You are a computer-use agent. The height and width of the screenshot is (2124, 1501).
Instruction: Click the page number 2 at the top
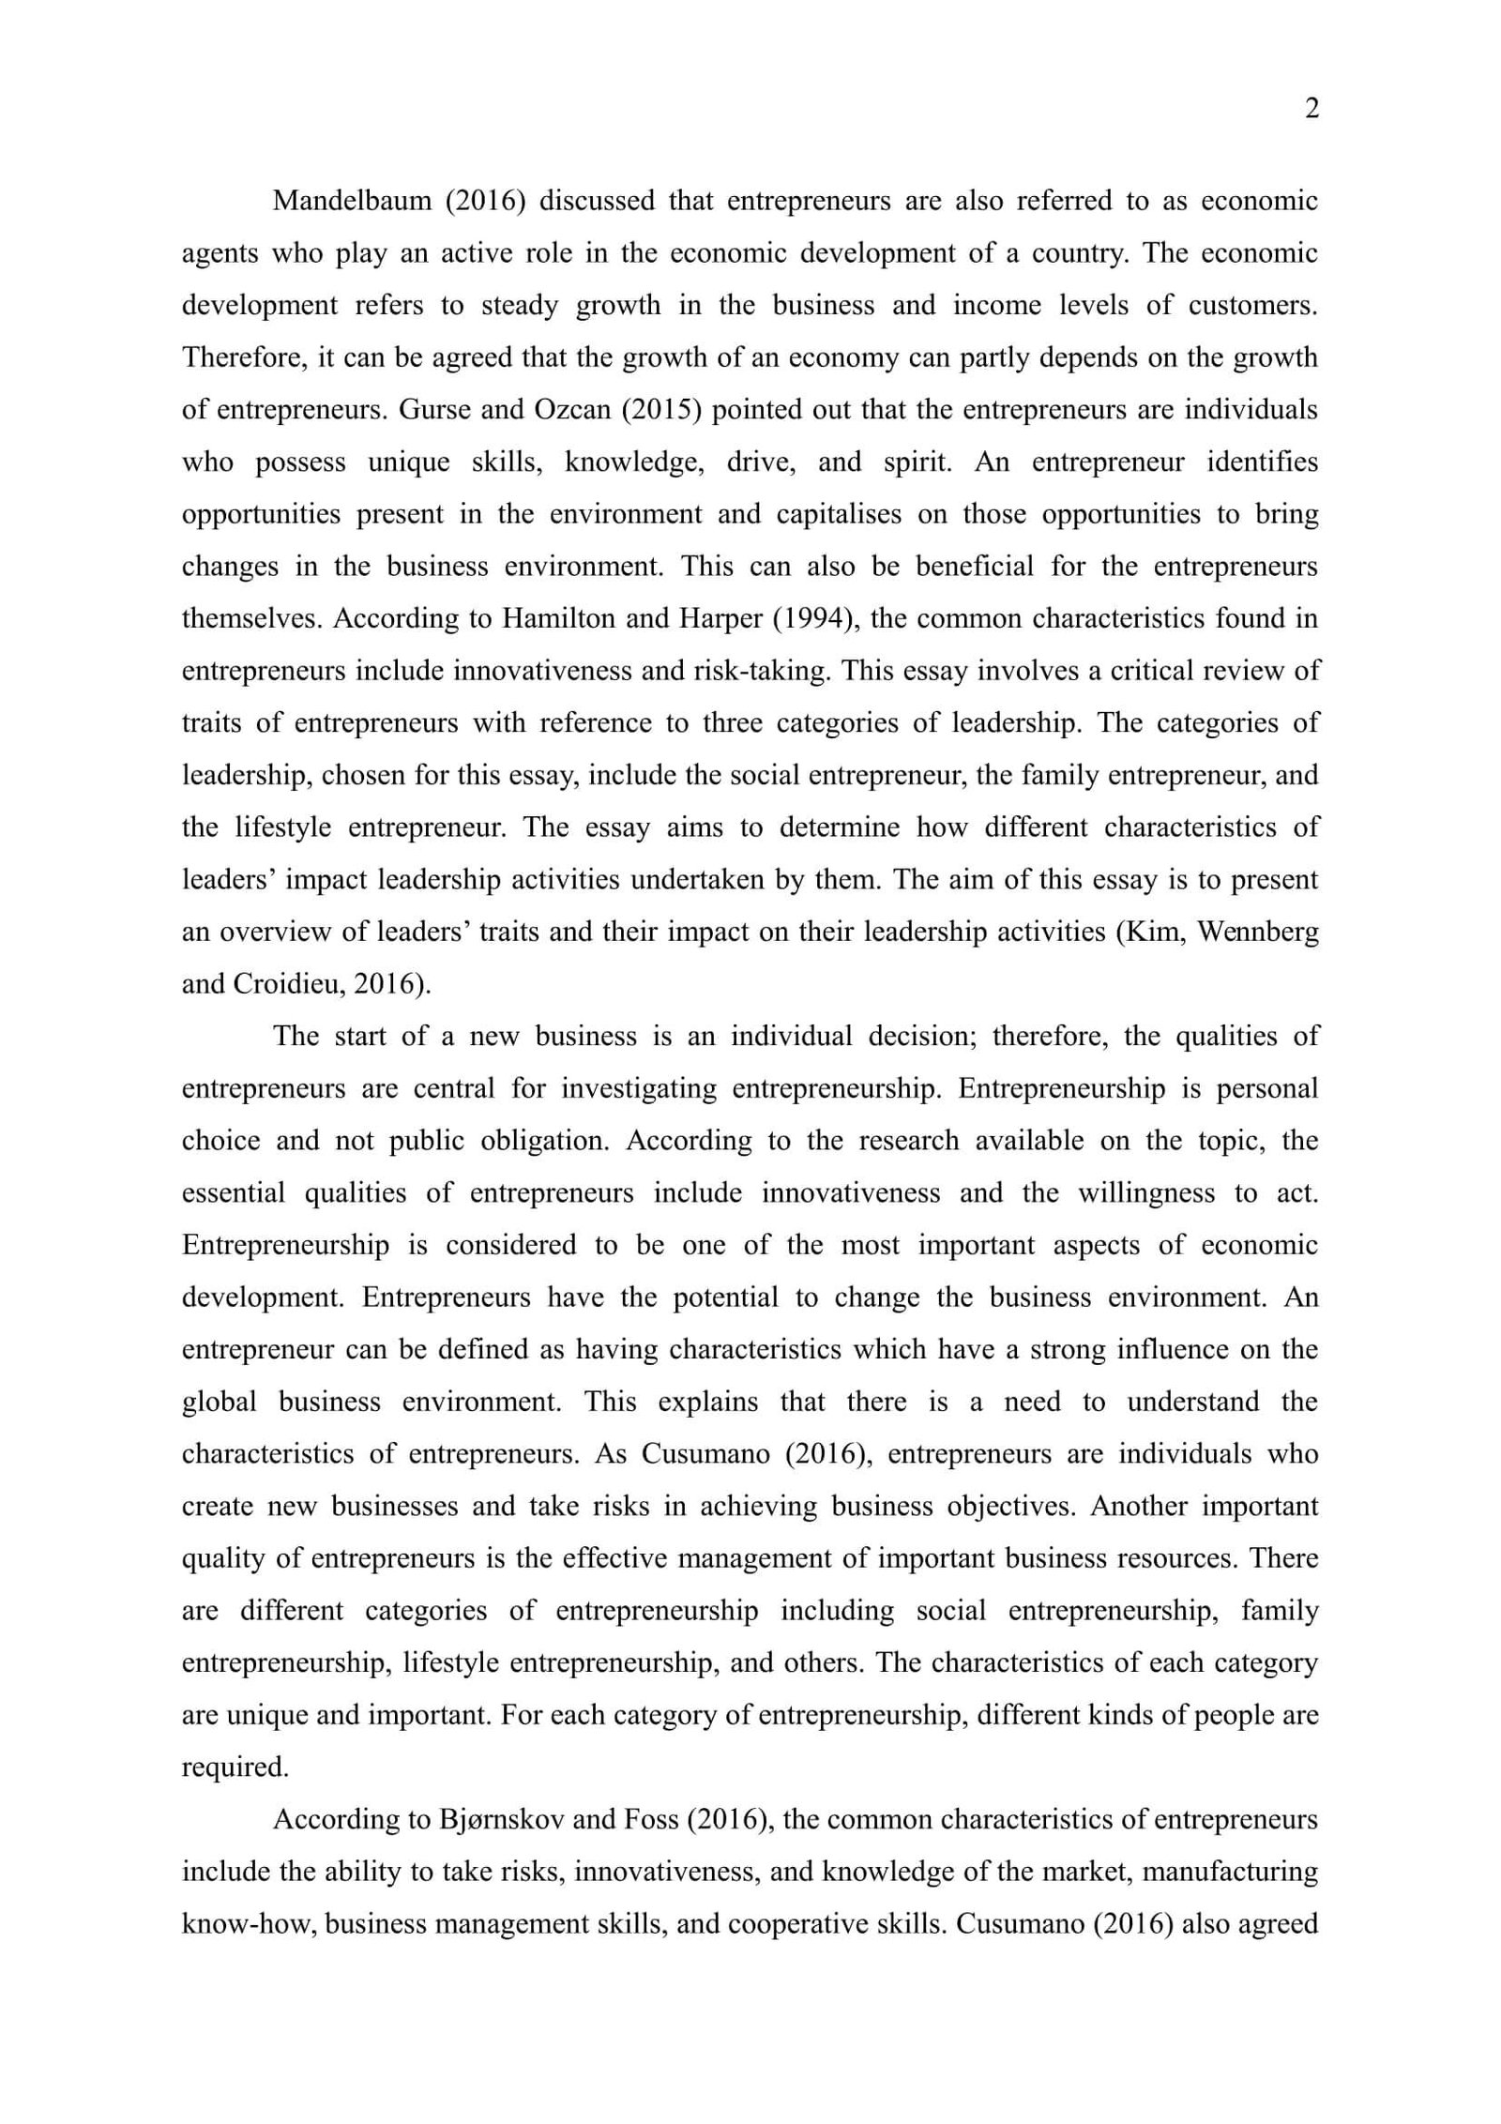click(x=1311, y=109)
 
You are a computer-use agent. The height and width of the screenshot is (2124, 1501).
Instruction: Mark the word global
click(x=219, y=1403)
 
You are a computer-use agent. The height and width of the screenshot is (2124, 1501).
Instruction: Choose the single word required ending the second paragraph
click(x=235, y=1767)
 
